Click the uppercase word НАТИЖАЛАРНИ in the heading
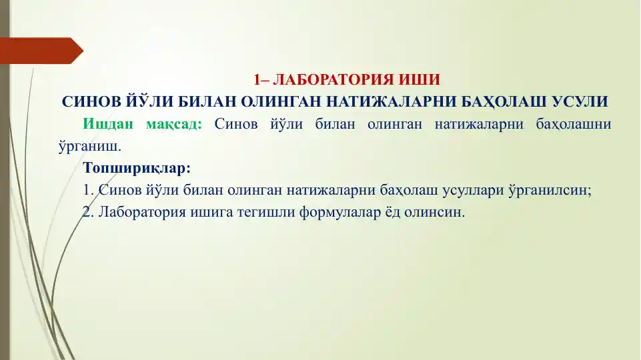(388, 103)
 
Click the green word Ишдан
(107, 124)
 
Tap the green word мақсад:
(173, 124)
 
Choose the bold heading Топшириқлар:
(137, 167)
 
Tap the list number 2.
(86, 213)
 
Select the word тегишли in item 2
(277, 213)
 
